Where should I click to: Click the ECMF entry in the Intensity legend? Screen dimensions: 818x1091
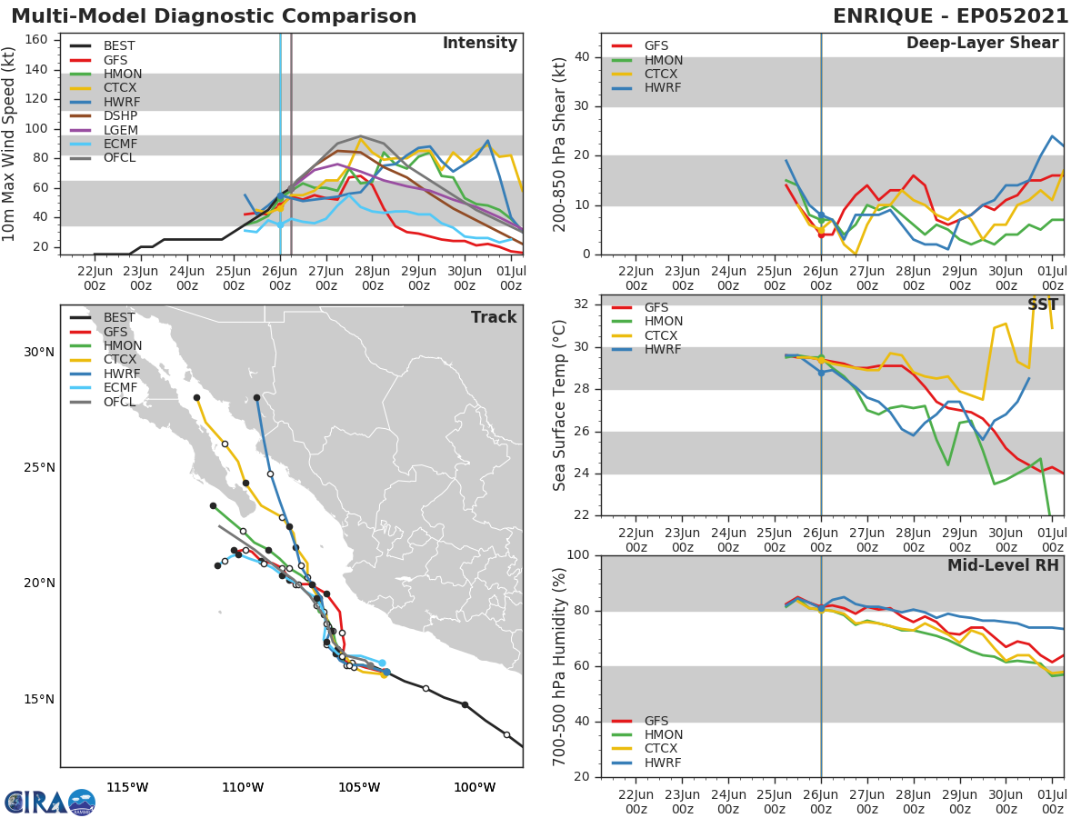click(121, 144)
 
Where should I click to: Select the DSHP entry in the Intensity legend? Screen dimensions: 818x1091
click(121, 116)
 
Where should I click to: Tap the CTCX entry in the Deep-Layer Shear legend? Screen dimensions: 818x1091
click(662, 75)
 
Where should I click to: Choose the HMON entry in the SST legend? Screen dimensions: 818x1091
click(663, 322)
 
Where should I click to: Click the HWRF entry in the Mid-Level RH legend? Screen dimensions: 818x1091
click(662, 763)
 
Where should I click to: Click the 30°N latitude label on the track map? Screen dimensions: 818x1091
click(39, 353)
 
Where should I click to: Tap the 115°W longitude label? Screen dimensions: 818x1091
click(127, 787)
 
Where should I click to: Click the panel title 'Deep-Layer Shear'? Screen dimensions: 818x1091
click(982, 44)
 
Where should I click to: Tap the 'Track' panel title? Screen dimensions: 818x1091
click(494, 317)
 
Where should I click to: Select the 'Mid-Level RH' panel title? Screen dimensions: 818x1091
click(1003, 565)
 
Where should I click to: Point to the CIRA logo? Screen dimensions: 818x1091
click(50, 802)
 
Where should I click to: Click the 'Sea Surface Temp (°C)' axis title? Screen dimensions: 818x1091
click(560, 405)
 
